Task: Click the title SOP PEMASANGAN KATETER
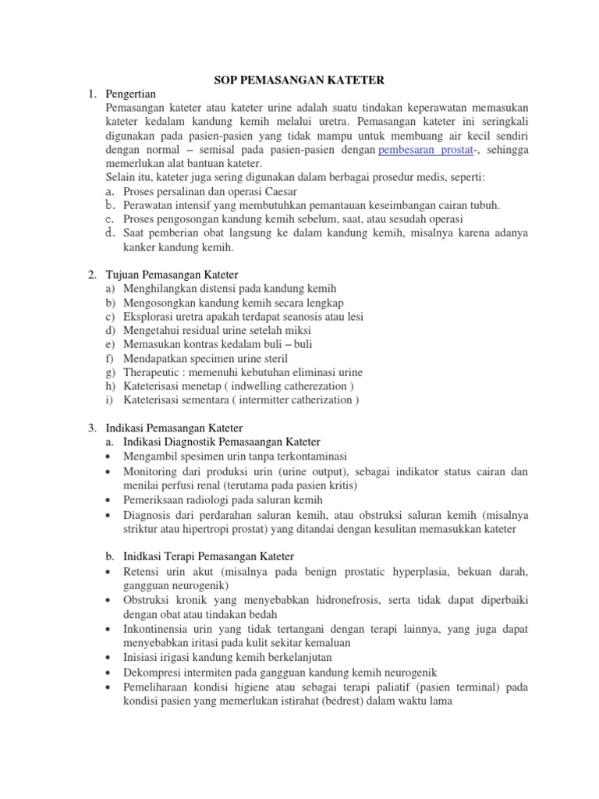(298, 80)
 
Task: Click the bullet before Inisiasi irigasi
(106, 658)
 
